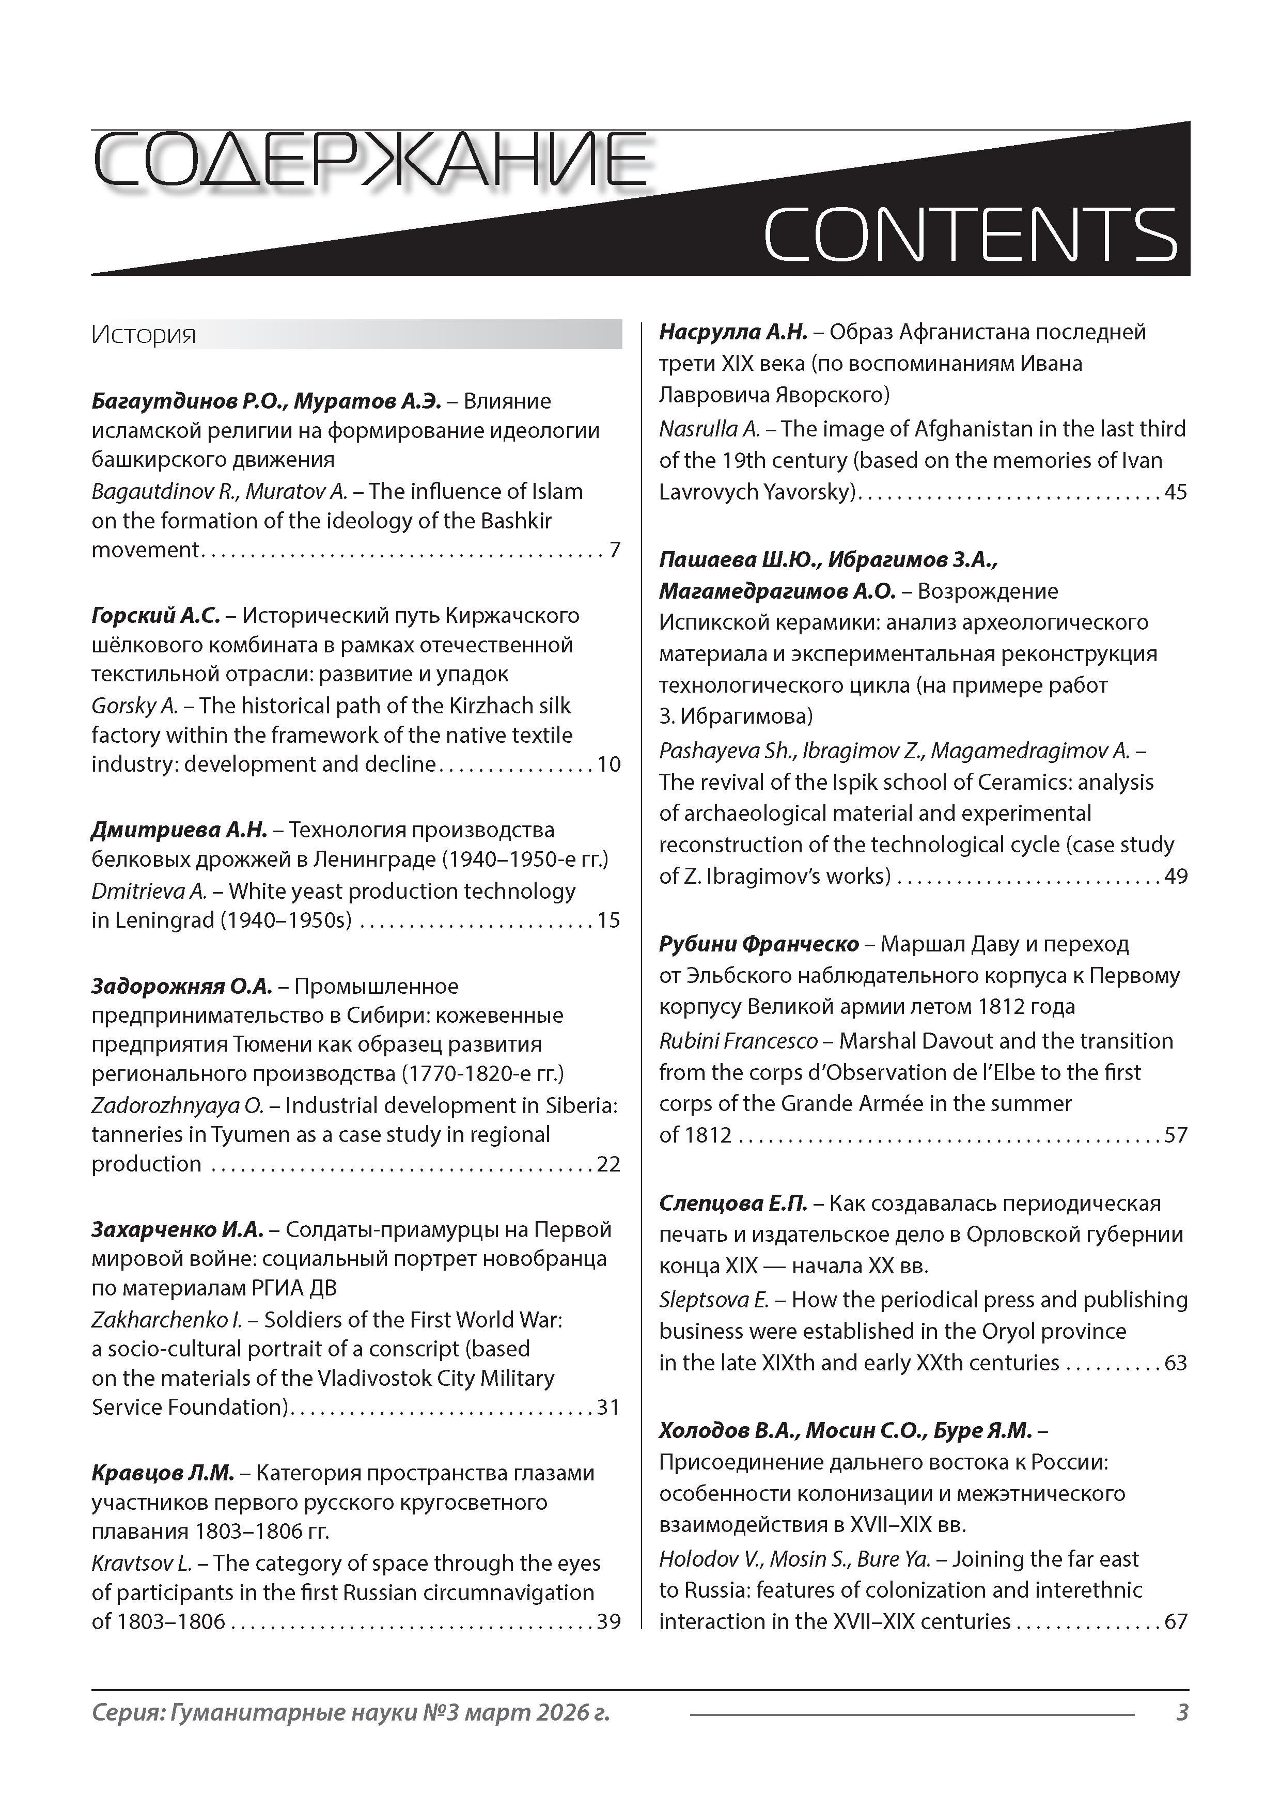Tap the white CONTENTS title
click(970, 235)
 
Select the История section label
click(144, 335)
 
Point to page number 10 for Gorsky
click(610, 764)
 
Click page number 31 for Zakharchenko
click(608, 1407)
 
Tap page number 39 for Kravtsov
click(608, 1622)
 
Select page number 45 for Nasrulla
click(1176, 492)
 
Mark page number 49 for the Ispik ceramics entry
click(1176, 876)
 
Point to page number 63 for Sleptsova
click(1176, 1363)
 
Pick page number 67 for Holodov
click(1176, 1622)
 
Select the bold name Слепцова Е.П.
click(733, 1204)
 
